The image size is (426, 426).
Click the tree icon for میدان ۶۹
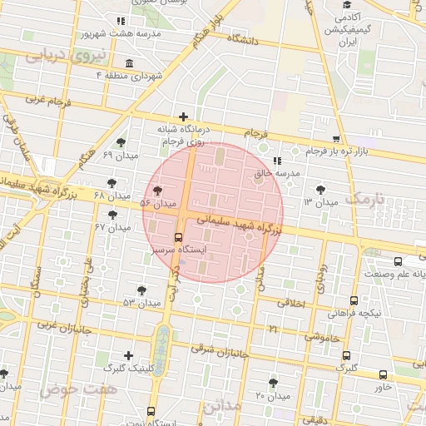pos(121,142)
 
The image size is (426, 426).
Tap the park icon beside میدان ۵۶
pos(158,191)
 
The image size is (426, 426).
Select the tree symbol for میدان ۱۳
pos(320,190)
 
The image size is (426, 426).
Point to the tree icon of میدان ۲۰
pos(273,383)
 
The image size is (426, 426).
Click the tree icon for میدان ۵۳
pos(142,290)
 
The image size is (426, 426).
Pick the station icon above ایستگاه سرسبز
pos(180,236)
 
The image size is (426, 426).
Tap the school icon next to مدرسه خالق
pos(276,161)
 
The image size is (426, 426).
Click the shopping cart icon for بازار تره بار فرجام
pos(336,139)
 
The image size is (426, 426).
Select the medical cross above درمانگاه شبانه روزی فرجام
pos(184,116)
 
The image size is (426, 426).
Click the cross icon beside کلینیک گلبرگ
pos(128,355)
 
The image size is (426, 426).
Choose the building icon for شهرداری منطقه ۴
pos(128,64)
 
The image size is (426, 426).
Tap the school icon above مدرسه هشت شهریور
pos(121,21)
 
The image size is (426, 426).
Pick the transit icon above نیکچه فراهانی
pos(354,301)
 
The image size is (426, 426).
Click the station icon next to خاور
pos(383,374)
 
